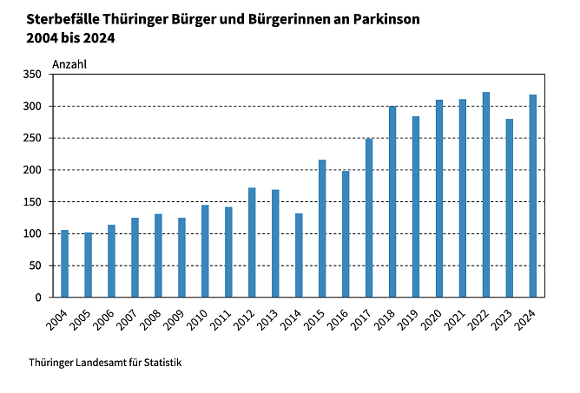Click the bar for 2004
coord(64,264)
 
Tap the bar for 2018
coord(392,201)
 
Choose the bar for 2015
coord(322,228)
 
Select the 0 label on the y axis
coord(38,298)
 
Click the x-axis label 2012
coord(246,319)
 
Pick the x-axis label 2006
coord(105,319)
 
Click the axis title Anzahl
coord(69,64)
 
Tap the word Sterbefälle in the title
coord(65,18)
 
